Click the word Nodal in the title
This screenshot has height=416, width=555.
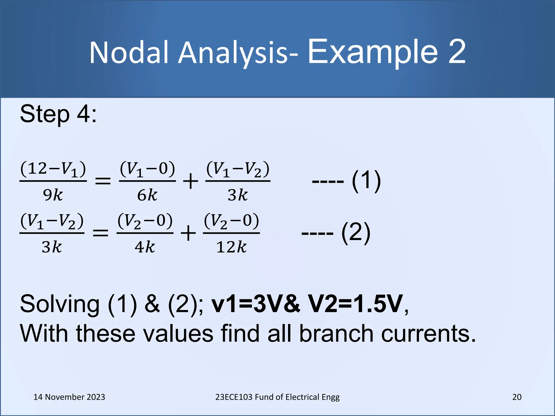click(130, 53)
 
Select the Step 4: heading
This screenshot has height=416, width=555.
click(58, 114)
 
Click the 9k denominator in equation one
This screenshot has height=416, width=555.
click(53, 195)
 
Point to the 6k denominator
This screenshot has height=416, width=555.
click(147, 195)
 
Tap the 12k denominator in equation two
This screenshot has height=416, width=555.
click(231, 247)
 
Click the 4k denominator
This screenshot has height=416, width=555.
click(145, 247)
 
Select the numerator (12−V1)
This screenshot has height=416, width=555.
click(53, 169)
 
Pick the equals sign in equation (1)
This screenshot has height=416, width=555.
click(103, 181)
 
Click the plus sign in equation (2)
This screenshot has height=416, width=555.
click(188, 233)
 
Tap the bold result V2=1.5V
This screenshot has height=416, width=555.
click(356, 304)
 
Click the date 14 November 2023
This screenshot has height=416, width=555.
click(69, 397)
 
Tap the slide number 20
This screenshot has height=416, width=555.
click(517, 397)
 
